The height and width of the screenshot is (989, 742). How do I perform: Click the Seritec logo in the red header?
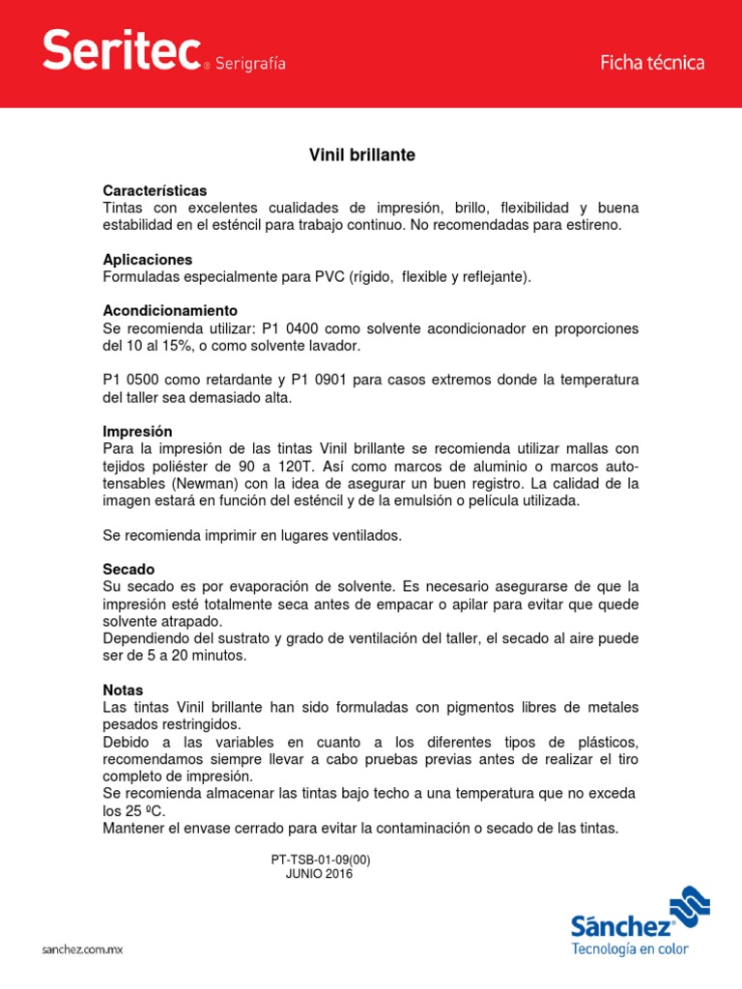pos(122,50)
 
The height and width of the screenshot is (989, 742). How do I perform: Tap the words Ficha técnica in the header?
pos(652,63)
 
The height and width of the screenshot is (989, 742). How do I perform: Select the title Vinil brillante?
pos(361,155)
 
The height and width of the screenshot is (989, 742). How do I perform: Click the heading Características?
pos(155,190)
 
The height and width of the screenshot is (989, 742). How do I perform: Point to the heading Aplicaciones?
pos(148,260)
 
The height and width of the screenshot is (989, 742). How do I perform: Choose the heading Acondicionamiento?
pos(170,311)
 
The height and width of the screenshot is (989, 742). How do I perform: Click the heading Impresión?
pos(137,432)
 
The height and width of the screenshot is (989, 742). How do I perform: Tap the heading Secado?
pos(128,569)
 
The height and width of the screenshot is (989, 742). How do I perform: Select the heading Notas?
pos(123,691)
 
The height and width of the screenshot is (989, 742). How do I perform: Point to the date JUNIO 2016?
pos(320,874)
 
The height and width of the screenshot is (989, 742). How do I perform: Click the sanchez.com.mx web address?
pos(82,950)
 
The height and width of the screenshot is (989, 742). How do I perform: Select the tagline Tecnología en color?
pos(630,949)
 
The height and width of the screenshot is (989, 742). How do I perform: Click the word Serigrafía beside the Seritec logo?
pos(249,64)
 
